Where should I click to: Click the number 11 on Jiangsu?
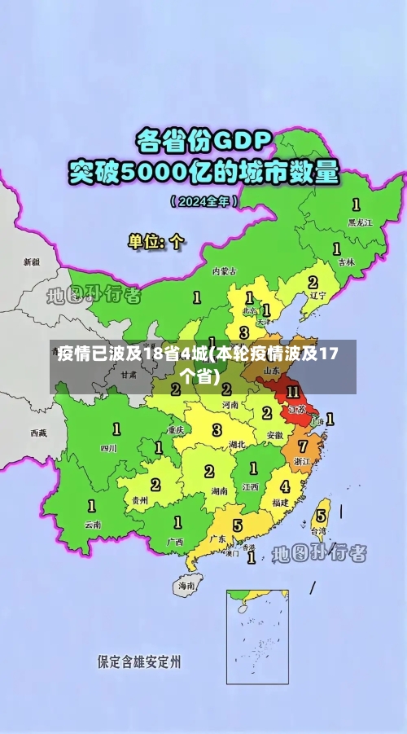(x=293, y=393)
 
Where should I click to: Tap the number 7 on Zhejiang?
(x=303, y=446)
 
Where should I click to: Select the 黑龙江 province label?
(x=359, y=221)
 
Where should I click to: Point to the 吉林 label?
(x=346, y=262)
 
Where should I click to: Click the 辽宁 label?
(x=317, y=296)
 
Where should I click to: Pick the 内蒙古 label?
(x=224, y=270)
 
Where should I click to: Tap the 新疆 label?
(x=31, y=262)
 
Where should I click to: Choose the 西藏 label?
(x=38, y=433)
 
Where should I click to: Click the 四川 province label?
(x=108, y=448)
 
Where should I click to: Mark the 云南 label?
(x=93, y=525)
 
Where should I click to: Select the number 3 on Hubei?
(x=217, y=429)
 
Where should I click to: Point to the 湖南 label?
(x=219, y=491)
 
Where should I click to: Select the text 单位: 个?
(x=155, y=242)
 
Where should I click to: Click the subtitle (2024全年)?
(x=203, y=200)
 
